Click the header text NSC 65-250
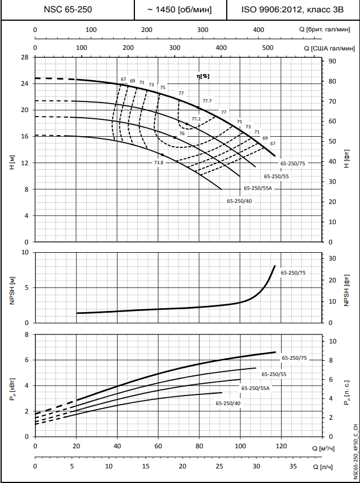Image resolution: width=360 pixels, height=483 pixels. [x=68, y=10]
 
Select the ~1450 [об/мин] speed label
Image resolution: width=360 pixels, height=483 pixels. [x=181, y=10]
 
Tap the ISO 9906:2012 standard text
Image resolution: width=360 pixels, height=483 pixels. [x=293, y=10]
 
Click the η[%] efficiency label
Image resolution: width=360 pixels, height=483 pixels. [x=203, y=76]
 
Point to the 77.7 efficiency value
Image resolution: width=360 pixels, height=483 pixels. [x=207, y=101]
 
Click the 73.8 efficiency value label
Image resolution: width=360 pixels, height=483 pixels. [x=158, y=162]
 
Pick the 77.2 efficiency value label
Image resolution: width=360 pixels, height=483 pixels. [x=196, y=119]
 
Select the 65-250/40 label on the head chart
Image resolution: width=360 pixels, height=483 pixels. [x=239, y=200]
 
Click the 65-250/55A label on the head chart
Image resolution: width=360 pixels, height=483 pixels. [x=258, y=188]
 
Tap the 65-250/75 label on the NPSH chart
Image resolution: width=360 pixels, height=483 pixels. [x=293, y=273]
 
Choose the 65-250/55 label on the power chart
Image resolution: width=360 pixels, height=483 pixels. [x=274, y=374]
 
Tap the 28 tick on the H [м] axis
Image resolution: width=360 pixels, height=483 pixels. [x=25, y=57]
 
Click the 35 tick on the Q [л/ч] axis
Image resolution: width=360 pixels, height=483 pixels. [x=293, y=466]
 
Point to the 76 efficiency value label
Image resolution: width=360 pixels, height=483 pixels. [x=182, y=133]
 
